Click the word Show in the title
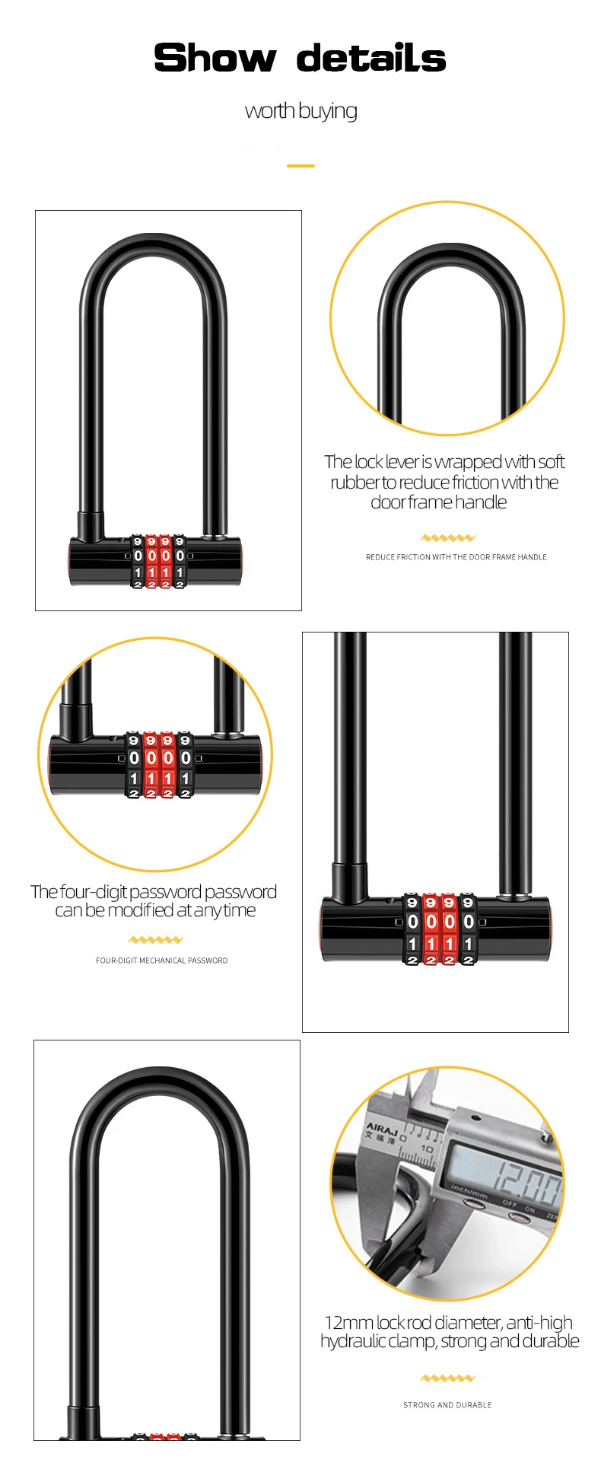click(x=215, y=58)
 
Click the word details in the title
click(x=370, y=58)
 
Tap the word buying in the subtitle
click(x=328, y=111)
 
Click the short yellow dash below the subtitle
click(x=301, y=165)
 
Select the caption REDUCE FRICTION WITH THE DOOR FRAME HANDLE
click(x=456, y=557)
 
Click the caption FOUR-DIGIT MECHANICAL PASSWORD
click(x=161, y=961)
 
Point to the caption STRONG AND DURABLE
click(x=447, y=1405)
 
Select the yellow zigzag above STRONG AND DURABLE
click(x=447, y=1378)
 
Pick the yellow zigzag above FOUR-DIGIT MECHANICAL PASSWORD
click(x=156, y=940)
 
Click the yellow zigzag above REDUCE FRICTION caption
click(x=448, y=537)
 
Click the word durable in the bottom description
click(x=552, y=1341)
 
